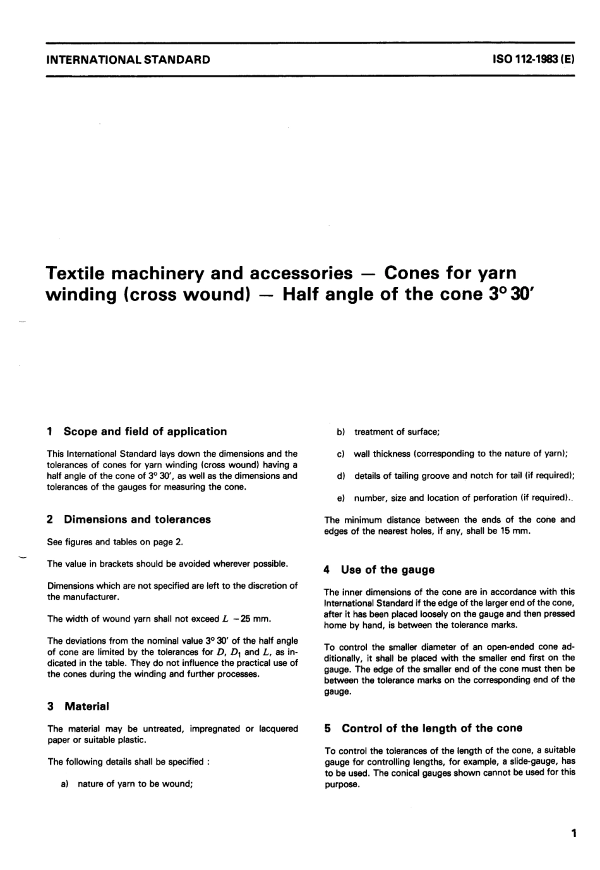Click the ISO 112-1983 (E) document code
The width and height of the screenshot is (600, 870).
coord(533,60)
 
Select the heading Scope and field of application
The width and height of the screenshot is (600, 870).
coord(145,432)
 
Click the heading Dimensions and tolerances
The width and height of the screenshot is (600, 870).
coord(137,519)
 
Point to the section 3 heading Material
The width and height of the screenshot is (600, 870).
coord(86,706)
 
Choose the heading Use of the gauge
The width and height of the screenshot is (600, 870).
coord(387,569)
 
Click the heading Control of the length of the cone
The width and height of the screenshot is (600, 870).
coord(432,728)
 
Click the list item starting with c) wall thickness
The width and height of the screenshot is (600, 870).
coord(452,454)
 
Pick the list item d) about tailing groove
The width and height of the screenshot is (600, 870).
coord(455,476)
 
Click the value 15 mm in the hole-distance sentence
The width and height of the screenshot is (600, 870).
coord(517,531)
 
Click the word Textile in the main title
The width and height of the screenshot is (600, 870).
coord(78,273)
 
